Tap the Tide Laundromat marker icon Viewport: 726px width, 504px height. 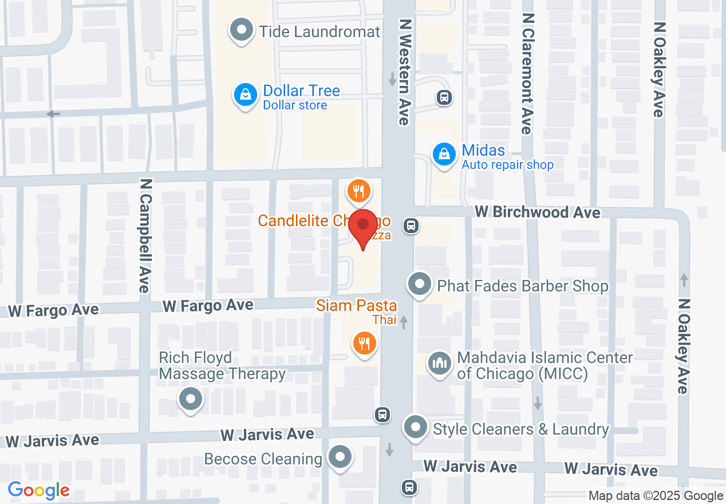[241, 30]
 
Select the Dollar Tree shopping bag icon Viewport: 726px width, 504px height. [245, 95]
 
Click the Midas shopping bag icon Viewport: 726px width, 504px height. [443, 154]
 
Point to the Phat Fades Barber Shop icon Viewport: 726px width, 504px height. [420, 284]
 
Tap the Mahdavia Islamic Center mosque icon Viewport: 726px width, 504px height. [440, 364]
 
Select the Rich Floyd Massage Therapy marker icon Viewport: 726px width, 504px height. [191, 399]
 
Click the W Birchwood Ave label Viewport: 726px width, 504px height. [538, 212]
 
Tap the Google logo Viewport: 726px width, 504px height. [39, 490]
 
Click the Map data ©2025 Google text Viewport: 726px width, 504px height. [656, 496]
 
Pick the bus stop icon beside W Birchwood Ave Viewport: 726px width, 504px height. [411, 226]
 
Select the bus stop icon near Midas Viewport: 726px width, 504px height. [444, 97]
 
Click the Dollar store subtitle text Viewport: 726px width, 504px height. [295, 105]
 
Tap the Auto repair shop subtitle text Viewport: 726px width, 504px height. [507, 165]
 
